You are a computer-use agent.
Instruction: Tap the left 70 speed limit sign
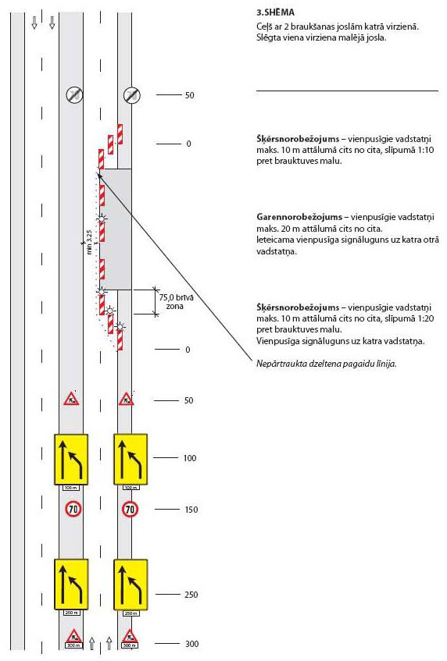tap(72, 509)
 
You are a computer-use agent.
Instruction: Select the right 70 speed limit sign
tap(131, 509)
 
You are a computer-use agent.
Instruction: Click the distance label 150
tap(190, 510)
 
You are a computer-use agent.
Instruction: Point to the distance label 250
tap(190, 595)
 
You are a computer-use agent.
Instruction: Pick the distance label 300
tap(190, 644)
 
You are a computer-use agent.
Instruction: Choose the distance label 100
tap(190, 458)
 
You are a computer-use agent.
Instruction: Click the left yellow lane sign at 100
tap(72, 459)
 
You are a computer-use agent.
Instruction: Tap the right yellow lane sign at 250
tap(131, 585)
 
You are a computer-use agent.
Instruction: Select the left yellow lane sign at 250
tap(72, 585)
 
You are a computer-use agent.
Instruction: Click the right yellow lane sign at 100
tap(131, 459)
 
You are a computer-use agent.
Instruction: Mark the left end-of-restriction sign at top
tap(73, 94)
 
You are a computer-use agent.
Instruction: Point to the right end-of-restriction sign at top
tap(131, 94)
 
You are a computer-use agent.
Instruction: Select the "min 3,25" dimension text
tap(91, 243)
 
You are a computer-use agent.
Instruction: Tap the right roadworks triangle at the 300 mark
tap(131, 636)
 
